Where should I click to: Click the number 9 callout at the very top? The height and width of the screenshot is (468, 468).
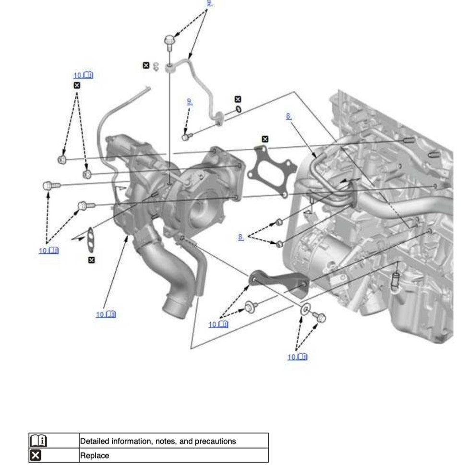209,3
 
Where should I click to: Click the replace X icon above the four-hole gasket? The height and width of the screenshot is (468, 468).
265,139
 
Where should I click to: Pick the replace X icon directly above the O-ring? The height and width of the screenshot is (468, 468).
238,99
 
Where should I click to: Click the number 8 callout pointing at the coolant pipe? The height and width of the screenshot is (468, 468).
288,116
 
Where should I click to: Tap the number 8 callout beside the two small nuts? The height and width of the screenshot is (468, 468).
241,237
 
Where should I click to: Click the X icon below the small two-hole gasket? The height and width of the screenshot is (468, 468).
92,260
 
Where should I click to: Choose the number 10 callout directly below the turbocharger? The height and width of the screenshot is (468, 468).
106,314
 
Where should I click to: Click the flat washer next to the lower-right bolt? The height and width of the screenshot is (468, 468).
305,309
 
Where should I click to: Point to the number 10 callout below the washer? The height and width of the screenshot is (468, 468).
297,357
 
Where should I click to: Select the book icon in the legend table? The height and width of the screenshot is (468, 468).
38,440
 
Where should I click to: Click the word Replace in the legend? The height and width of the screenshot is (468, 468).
95,456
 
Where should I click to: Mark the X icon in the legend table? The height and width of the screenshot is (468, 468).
36,456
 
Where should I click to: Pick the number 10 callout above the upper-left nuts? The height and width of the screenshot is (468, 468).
83,75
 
